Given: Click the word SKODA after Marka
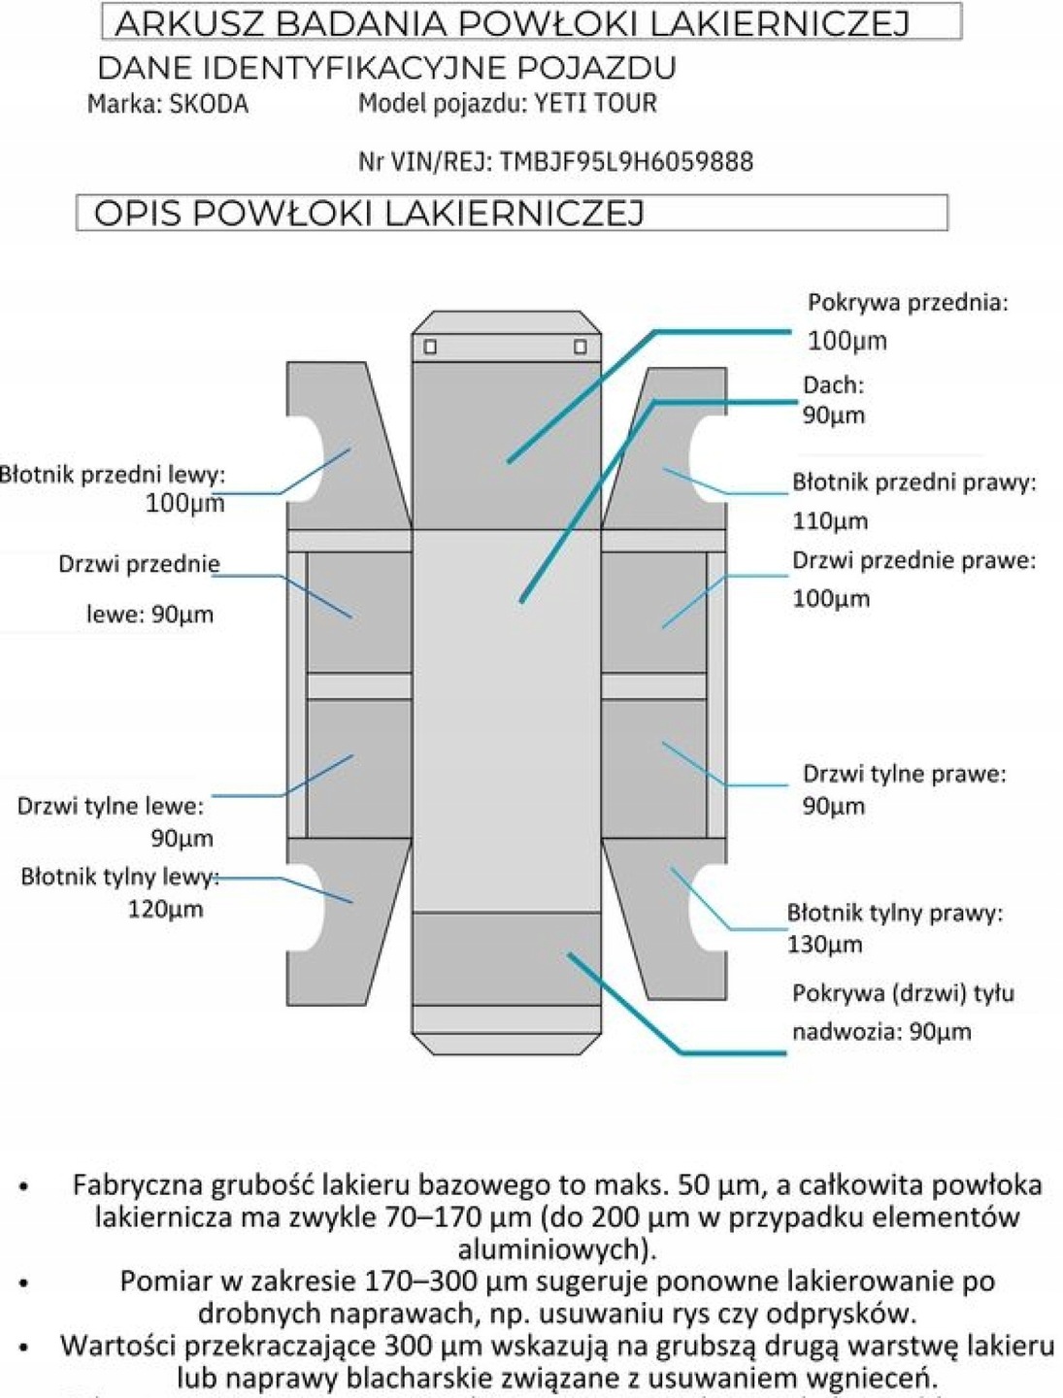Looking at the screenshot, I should click(x=209, y=104).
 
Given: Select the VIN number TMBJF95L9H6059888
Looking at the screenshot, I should click(x=626, y=161).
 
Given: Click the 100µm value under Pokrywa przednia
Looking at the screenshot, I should click(x=847, y=341).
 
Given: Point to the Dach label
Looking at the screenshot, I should click(x=832, y=384).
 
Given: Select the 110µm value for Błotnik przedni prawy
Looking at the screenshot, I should click(x=830, y=521).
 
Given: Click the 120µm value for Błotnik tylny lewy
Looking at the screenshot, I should click(x=165, y=910).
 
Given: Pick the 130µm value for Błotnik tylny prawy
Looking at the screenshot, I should click(x=824, y=945).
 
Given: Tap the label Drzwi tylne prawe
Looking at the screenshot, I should click(x=903, y=774).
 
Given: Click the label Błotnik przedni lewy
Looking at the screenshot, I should click(x=113, y=475).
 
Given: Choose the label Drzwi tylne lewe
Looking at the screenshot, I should click(x=111, y=806).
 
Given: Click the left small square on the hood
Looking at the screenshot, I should click(x=430, y=347).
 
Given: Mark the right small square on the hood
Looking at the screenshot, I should click(x=580, y=347).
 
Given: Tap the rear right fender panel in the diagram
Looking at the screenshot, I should click(x=660, y=922).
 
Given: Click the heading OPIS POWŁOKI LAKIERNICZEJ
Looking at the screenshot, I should click(x=369, y=214).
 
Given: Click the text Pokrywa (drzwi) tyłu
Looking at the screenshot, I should click(x=903, y=993).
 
